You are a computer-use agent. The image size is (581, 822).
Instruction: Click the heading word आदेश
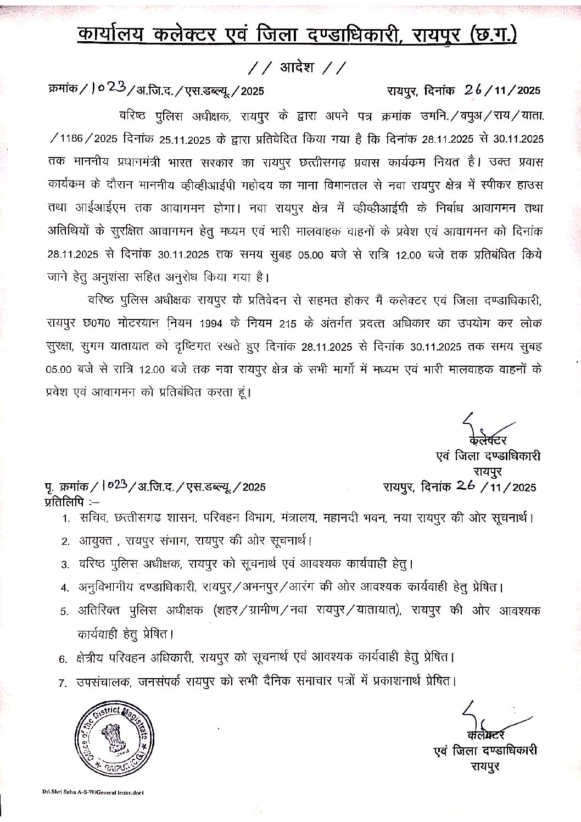click(297, 68)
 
